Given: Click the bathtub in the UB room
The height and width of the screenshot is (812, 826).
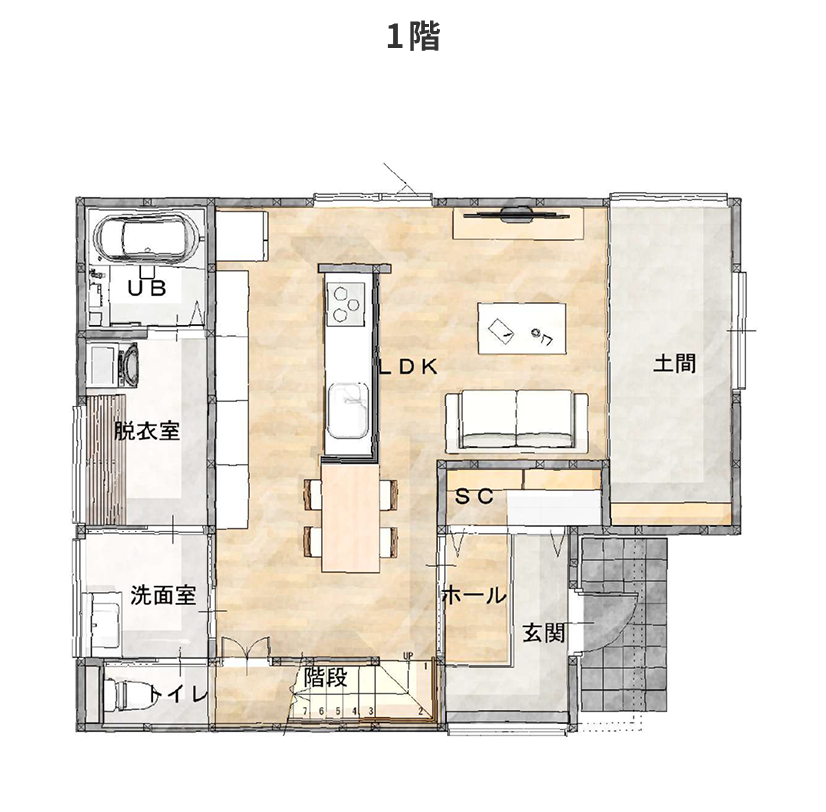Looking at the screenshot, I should [149, 240].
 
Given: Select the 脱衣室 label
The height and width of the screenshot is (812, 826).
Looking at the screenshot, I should [146, 431].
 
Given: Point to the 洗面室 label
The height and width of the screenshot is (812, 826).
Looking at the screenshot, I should [163, 596].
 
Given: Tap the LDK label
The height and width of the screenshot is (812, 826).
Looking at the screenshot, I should [407, 366].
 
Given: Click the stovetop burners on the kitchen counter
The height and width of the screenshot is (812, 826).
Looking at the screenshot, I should [347, 303].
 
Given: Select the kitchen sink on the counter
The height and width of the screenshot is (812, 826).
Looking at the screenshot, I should [347, 408].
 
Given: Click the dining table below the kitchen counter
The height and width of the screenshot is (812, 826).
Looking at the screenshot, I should [349, 514].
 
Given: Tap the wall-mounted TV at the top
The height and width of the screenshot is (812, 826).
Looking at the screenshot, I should [515, 212].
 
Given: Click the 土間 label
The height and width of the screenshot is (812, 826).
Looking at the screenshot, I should [674, 362].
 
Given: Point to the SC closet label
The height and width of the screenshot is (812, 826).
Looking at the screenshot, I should [474, 496].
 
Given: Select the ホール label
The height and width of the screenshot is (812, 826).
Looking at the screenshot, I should [472, 596].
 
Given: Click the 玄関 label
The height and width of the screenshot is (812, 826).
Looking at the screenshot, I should [543, 632].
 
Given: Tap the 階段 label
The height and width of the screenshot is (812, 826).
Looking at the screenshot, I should [325, 679].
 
